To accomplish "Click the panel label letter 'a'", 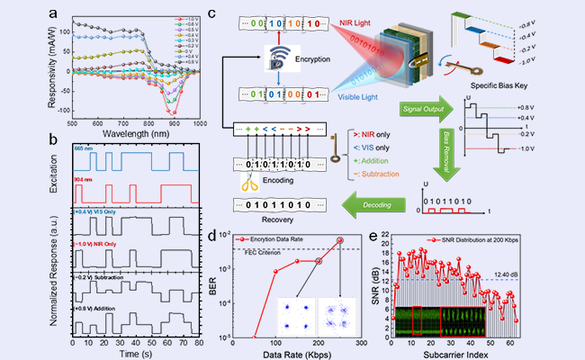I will [56, 11].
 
